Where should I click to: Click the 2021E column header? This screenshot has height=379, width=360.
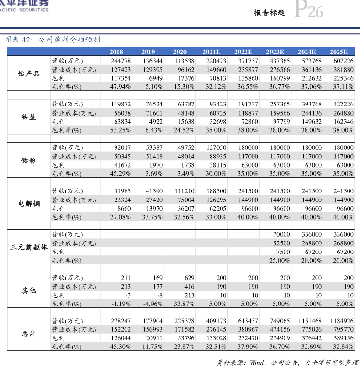coord(212,52)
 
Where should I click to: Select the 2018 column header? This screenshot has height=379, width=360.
coord(116,52)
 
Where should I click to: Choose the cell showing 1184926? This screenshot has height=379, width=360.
coord(341,321)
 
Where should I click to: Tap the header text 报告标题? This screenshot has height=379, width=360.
coord(269,13)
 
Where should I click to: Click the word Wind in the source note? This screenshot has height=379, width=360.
coord(258,363)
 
